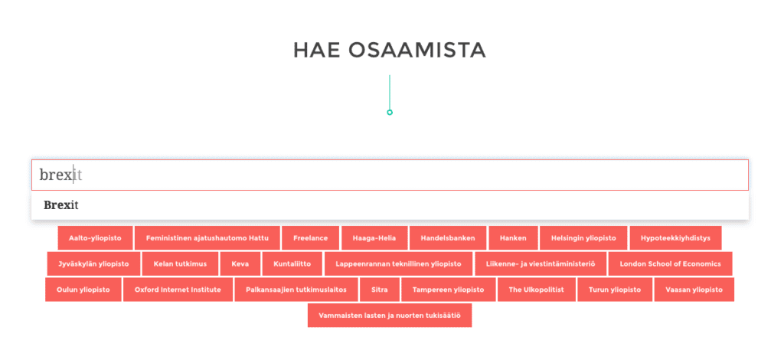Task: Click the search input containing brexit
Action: (x=390, y=175)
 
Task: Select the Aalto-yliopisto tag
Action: (x=95, y=238)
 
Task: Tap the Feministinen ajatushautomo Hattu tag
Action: (x=207, y=238)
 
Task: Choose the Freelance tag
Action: (x=311, y=238)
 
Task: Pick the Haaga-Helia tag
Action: (x=374, y=238)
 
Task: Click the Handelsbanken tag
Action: (x=448, y=238)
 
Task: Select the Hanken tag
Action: (x=513, y=238)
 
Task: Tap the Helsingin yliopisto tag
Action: (x=583, y=238)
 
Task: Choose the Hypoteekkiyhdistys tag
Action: (x=675, y=238)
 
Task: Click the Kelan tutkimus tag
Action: (x=180, y=264)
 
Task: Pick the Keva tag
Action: (x=240, y=264)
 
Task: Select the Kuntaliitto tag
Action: (x=292, y=264)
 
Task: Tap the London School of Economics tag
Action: (x=671, y=264)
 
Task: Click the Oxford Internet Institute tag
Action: (x=178, y=290)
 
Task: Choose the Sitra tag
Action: (x=380, y=290)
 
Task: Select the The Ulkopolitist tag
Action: (x=537, y=290)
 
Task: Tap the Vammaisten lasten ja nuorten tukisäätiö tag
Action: (x=390, y=316)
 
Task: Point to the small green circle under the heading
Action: (x=390, y=110)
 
